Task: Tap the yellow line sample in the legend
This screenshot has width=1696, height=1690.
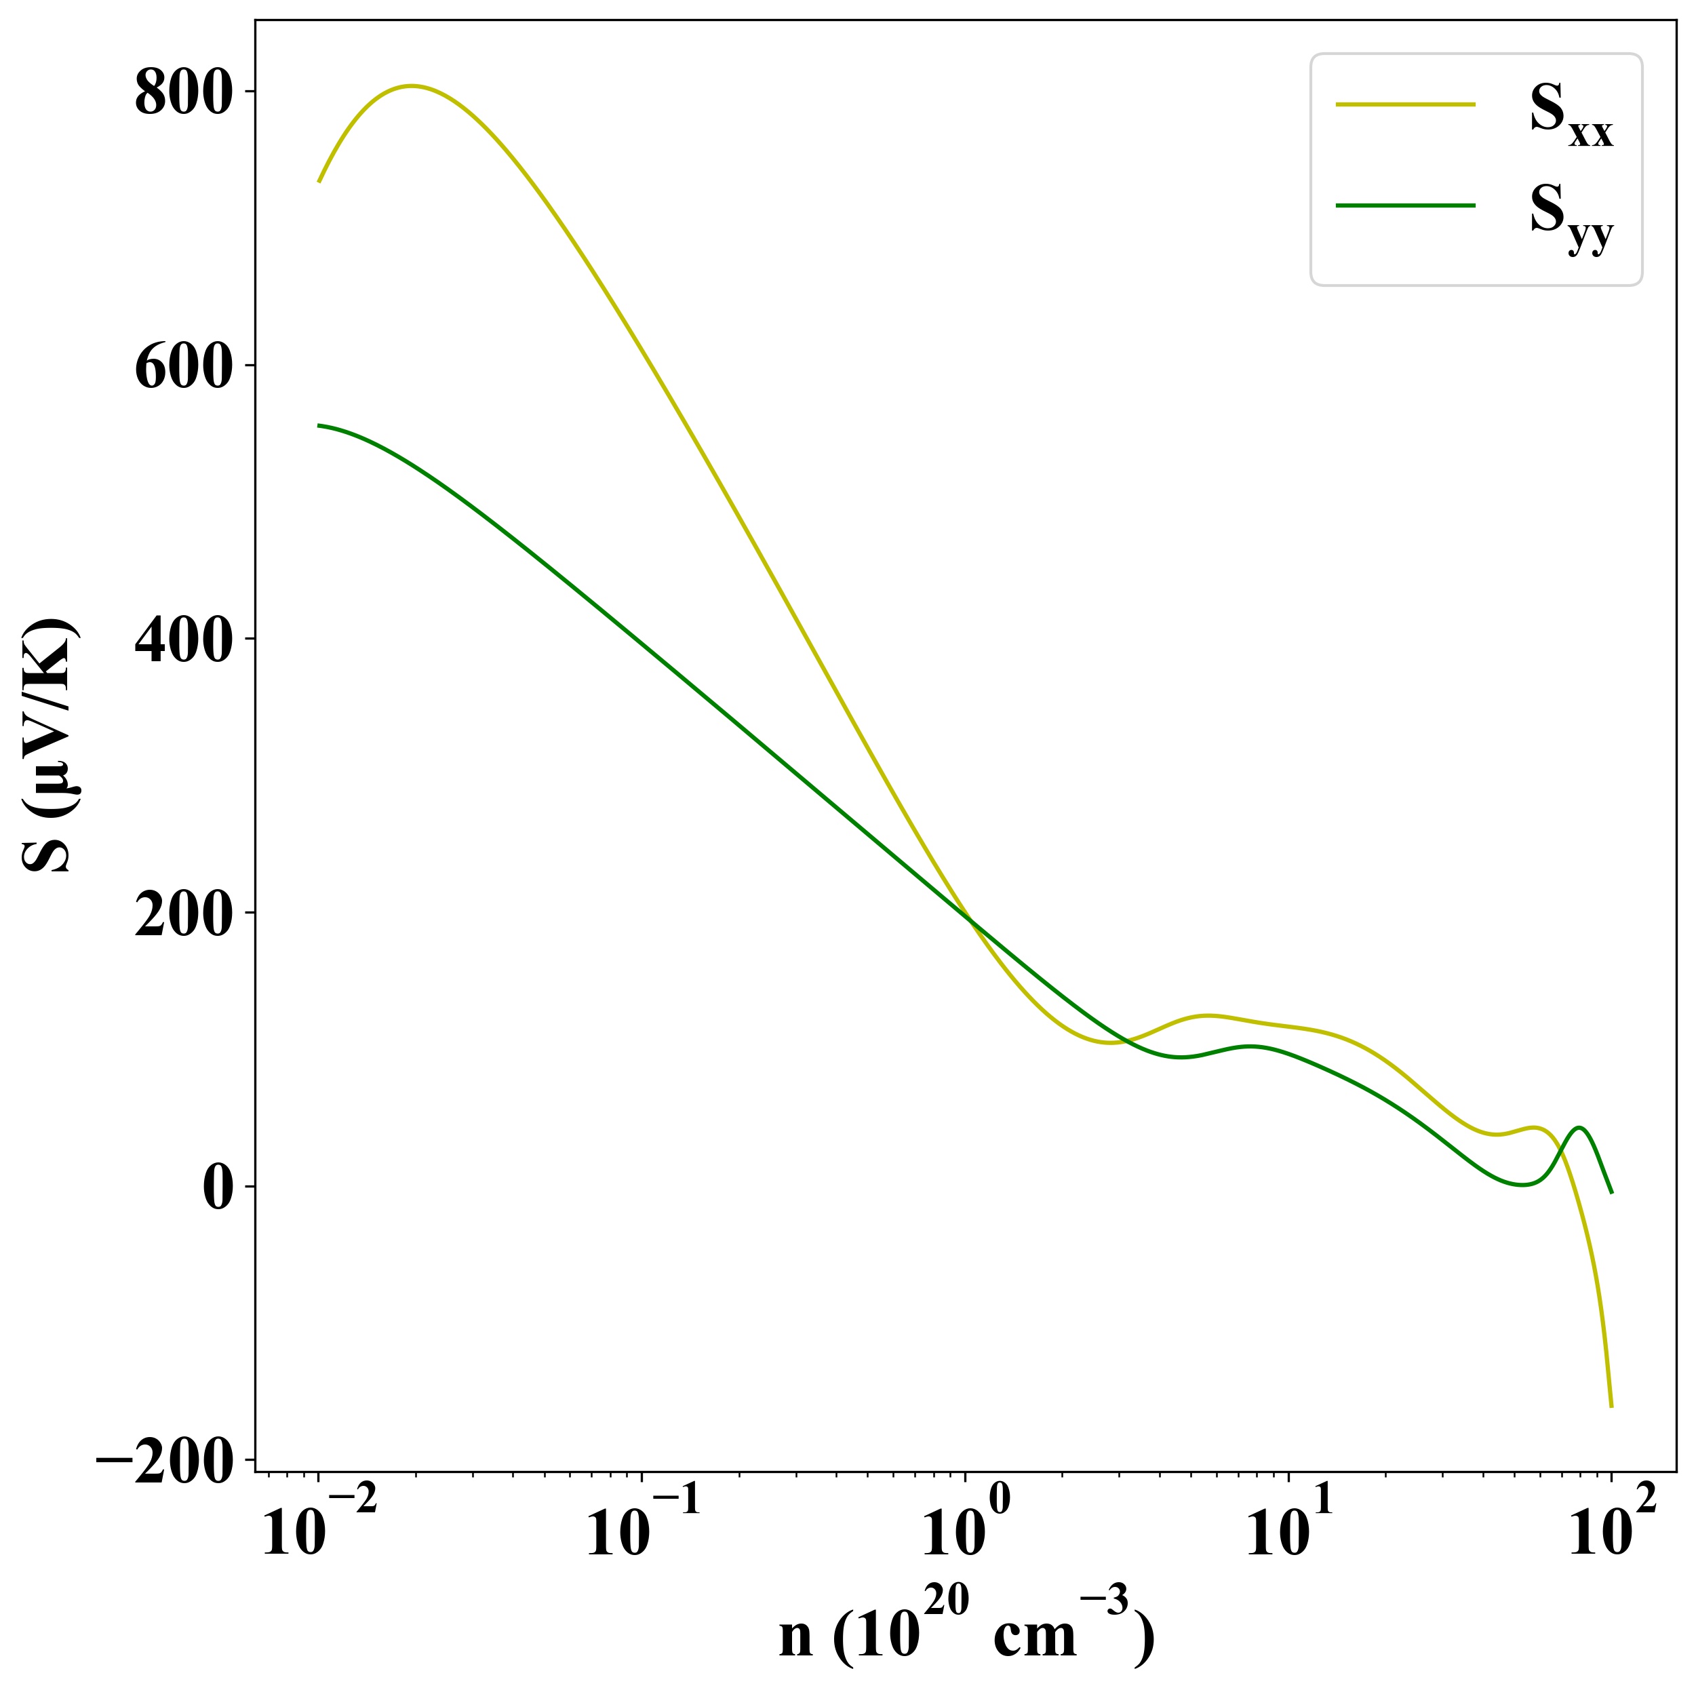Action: [x=1406, y=104]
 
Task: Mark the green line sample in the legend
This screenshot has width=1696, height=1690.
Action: [x=1406, y=205]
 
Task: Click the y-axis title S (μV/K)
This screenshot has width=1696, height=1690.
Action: [x=51, y=746]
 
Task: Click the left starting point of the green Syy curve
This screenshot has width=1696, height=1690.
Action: [x=319, y=426]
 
